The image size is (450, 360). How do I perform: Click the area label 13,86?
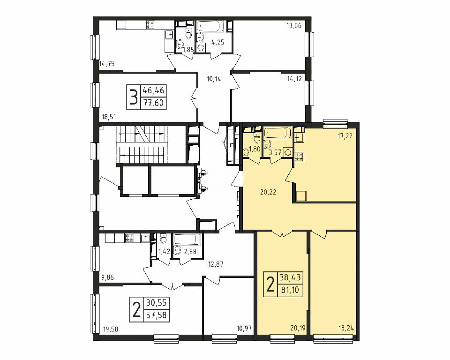tap(293, 26)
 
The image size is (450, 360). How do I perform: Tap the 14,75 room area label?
tap(107, 64)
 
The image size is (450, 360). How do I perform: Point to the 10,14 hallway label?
tap(214, 79)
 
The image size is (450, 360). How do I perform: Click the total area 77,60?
tap(154, 103)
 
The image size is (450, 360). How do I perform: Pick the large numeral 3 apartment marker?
tap(134, 97)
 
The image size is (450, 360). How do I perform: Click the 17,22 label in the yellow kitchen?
tap(345, 136)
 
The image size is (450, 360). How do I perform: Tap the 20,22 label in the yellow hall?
tap(268, 192)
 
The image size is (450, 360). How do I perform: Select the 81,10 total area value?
tap(290, 290)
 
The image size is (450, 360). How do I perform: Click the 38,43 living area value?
tap(290, 277)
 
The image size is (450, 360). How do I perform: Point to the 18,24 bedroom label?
tap(346, 328)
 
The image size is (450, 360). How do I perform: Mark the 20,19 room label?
tap(298, 328)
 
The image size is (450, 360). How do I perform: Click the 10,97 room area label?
tap(244, 328)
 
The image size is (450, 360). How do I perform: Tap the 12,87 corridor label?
tap(216, 264)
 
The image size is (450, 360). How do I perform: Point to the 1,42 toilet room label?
tap(164, 252)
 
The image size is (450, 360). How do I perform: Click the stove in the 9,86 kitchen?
tap(128, 238)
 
